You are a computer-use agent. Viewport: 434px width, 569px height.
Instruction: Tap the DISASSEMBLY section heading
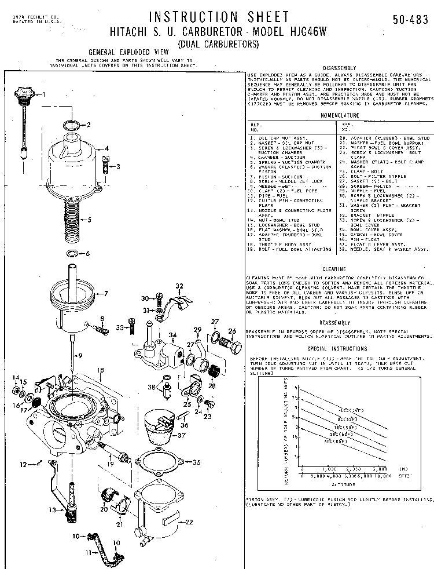pyautogui.click(x=340, y=67)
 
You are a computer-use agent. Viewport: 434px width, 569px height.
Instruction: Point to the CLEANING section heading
pyautogui.click(x=334, y=269)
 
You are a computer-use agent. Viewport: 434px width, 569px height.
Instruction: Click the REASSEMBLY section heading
pyautogui.click(x=334, y=322)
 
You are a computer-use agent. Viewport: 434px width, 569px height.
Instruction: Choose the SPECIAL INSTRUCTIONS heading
pyautogui.click(x=337, y=349)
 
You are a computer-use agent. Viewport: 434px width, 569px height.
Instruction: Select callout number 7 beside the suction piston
pyautogui.click(x=105, y=293)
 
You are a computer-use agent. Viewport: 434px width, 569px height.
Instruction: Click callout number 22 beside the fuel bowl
pyautogui.click(x=189, y=522)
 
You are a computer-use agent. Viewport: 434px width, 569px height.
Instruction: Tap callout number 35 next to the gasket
pyautogui.click(x=196, y=462)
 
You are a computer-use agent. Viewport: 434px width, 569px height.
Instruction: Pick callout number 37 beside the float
pyautogui.click(x=181, y=436)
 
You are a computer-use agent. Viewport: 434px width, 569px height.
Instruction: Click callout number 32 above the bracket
pyautogui.click(x=179, y=286)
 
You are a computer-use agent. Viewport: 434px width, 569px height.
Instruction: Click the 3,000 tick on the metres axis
pyautogui.click(x=380, y=468)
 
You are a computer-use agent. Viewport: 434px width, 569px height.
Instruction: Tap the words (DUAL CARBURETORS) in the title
pyautogui.click(x=219, y=44)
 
